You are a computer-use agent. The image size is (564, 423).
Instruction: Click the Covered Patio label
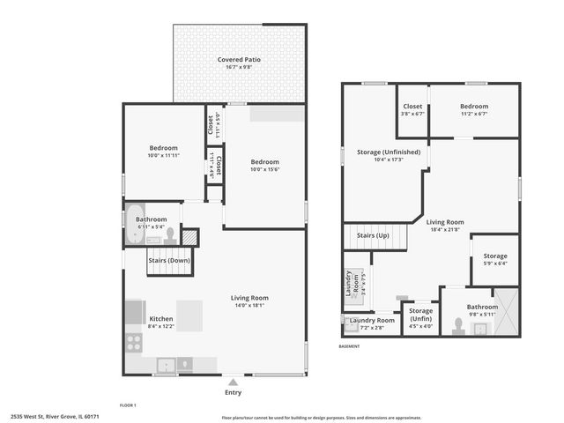point(239,60)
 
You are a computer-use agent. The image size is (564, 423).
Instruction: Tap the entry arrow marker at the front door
point(233,382)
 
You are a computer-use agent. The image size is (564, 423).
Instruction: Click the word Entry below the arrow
point(233,392)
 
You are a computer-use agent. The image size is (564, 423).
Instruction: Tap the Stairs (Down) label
point(167,260)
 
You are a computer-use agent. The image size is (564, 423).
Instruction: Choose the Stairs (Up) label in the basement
point(372,236)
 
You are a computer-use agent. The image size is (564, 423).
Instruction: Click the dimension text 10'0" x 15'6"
point(264,169)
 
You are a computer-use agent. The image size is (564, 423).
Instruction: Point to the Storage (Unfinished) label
point(388,152)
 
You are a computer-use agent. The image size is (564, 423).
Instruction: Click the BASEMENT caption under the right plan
point(351,346)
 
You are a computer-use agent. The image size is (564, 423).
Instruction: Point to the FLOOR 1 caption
point(129,405)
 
